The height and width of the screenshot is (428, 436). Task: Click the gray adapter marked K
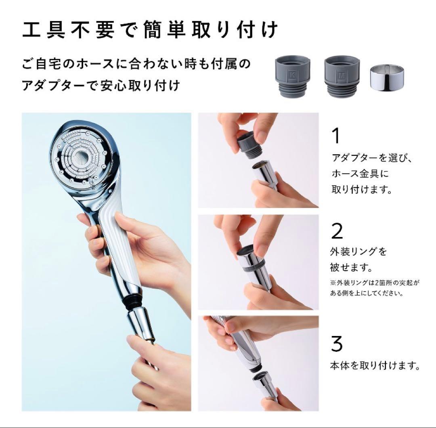point(293,76)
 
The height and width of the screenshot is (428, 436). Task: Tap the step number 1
point(335,136)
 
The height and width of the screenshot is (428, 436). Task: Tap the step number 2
point(337,231)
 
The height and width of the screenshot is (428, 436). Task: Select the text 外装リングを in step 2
point(358,252)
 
